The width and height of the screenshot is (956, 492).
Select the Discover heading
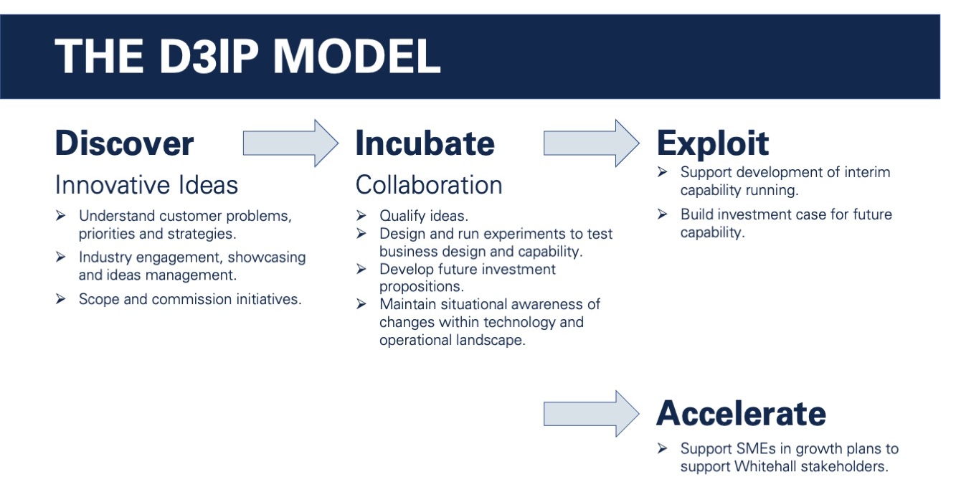124,143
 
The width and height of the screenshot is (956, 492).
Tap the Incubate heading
425,143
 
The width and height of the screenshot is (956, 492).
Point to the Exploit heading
713,144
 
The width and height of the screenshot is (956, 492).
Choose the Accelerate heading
742,413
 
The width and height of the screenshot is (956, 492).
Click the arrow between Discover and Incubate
290,143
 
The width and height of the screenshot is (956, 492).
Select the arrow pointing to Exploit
592,143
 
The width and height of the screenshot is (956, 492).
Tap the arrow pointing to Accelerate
592,414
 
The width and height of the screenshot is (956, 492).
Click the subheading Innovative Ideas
146,185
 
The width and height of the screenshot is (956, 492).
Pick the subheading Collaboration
429,185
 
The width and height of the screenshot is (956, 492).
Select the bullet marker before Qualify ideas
361,215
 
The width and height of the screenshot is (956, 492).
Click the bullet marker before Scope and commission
61,298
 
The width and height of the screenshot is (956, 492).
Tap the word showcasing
267,257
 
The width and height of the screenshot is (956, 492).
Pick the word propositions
422,287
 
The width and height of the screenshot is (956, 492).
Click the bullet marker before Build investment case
663,214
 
